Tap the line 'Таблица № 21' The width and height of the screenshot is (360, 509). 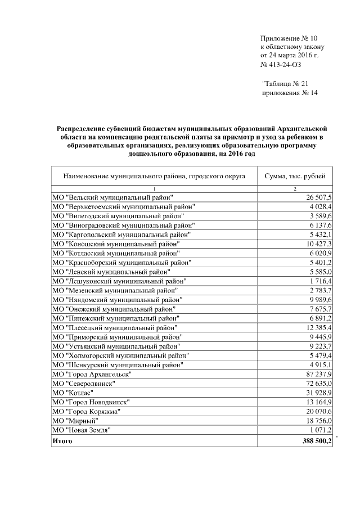point(287,84)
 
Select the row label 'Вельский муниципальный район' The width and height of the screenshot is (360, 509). point(112,197)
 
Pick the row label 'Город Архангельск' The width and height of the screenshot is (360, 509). point(92,374)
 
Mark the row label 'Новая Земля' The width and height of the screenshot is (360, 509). point(81,430)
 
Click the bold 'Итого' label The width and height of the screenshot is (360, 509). point(62,442)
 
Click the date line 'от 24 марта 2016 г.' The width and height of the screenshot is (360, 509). point(289,56)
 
